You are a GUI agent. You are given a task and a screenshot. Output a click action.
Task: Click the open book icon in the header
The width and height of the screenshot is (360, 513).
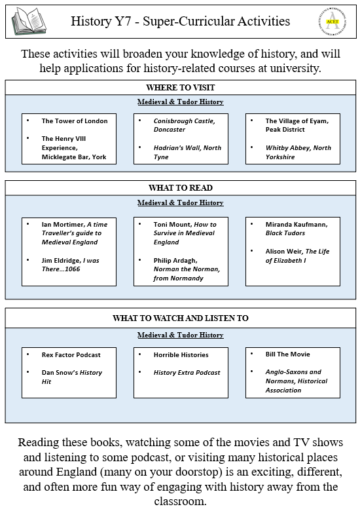coord(29,21)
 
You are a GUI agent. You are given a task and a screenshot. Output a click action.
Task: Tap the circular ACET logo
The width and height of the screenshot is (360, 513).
coord(333,22)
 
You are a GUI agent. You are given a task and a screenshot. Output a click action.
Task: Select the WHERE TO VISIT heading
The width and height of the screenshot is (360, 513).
coord(181,88)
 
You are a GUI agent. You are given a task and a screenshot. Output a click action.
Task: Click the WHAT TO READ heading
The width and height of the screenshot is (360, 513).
coord(181,188)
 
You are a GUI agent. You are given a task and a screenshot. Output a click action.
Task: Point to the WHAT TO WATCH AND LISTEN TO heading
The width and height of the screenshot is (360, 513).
coord(181,318)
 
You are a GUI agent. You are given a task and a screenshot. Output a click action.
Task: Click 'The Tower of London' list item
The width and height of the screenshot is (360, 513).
coord(75,121)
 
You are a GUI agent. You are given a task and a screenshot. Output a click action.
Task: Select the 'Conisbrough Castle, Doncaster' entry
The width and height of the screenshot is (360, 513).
coord(185,125)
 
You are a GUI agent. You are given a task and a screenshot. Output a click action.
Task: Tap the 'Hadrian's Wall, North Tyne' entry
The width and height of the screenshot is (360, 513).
coord(187,153)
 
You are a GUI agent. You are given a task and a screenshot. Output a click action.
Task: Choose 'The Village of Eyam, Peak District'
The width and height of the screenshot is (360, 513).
coord(297,125)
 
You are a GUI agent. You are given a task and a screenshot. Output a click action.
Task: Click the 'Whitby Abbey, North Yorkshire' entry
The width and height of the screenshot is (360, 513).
coord(298,153)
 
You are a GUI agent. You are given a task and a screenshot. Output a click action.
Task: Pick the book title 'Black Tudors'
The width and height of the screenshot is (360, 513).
coord(285,233)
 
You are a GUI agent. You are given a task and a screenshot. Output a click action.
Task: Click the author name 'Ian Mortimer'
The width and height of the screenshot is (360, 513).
coord(63,225)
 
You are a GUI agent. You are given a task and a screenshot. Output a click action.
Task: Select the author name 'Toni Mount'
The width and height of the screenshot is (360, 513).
coord(173,225)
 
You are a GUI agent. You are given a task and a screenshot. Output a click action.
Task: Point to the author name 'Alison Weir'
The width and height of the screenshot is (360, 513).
coord(284,252)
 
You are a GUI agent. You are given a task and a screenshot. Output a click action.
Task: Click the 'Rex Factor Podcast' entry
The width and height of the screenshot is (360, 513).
coord(71,355)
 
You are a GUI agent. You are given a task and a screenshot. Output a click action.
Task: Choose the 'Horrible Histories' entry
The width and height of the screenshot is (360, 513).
coord(181,355)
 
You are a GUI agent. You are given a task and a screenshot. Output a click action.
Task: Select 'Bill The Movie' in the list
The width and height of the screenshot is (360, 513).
coord(288,354)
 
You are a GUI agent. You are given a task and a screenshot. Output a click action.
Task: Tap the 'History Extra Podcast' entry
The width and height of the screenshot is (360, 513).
coord(187,373)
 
